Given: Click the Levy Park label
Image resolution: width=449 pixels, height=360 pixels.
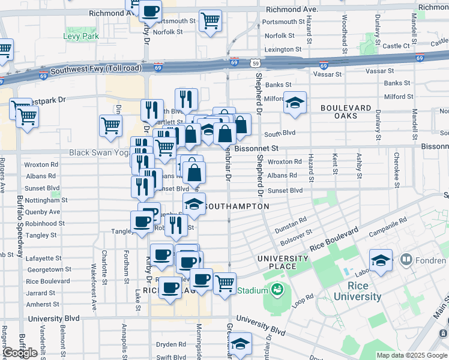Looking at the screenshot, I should click(82, 37).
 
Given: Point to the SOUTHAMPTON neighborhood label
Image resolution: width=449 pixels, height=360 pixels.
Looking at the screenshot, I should click(237, 206).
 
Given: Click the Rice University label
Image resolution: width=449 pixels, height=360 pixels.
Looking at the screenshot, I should click(358, 291).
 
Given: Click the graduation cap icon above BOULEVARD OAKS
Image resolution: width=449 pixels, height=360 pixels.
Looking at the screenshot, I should click(295, 103).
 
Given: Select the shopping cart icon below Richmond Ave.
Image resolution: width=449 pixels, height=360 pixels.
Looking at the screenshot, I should click(210, 20).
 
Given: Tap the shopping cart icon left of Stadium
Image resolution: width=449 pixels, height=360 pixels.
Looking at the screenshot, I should click(224, 282).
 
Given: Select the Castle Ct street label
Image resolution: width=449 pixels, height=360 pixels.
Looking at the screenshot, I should click(396, 46).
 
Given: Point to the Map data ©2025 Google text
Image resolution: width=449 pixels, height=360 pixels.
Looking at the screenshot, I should click(411, 355).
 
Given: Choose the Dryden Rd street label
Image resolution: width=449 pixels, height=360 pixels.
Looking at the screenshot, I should click(171, 344).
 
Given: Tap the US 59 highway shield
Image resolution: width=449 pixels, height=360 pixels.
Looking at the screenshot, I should click(256, 62).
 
